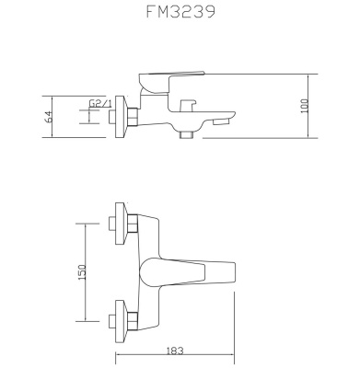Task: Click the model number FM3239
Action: point(180,16)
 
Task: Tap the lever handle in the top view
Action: point(189,273)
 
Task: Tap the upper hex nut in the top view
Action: point(134,224)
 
